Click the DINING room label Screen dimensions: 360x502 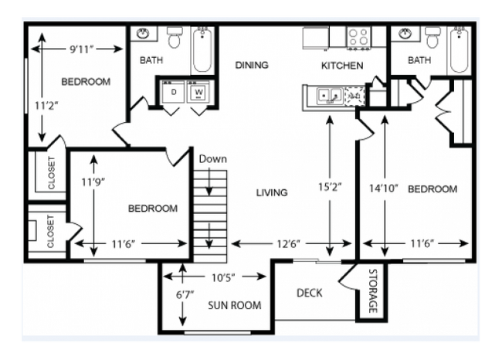coord(252,65)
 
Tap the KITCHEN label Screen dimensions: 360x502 coord(342,66)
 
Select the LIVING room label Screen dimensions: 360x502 coord(272,192)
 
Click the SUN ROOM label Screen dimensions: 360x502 coord(234,305)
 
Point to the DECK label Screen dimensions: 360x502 coord(309,293)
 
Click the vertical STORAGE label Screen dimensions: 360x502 coord(371,290)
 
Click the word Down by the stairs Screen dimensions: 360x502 coord(212,159)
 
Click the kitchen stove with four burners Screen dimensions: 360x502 coord(358,35)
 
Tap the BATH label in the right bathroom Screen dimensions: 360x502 coord(419,59)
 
